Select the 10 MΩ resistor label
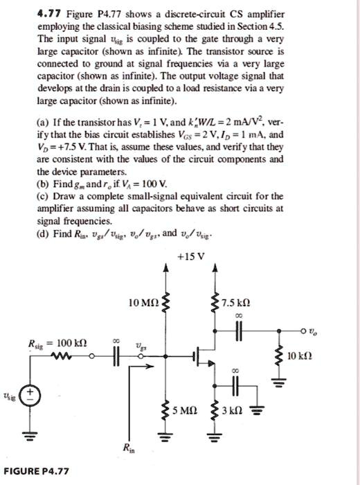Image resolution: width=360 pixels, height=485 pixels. click(x=143, y=303)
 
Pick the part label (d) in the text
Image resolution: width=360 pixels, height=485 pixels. click(x=42, y=233)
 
